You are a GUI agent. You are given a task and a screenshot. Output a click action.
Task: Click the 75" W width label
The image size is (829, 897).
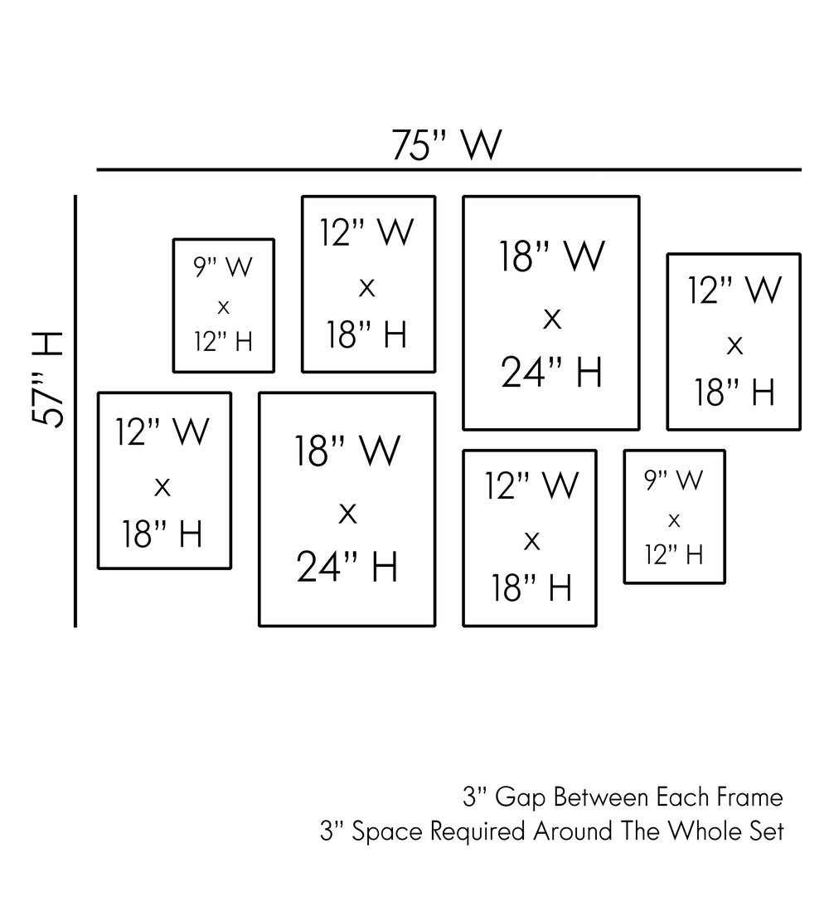(x=447, y=145)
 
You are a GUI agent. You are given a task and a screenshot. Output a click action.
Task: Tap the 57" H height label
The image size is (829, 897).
(x=47, y=379)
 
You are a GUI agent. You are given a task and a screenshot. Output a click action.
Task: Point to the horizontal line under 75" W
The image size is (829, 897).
(x=448, y=170)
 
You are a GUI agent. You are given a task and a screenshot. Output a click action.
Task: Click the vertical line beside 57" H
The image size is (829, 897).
(x=75, y=411)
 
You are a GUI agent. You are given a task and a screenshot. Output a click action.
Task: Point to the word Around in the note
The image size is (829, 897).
(x=574, y=831)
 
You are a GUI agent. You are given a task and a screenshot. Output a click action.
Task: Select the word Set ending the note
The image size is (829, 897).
(x=768, y=831)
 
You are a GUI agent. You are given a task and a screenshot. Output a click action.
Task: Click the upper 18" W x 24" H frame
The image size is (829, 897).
(x=551, y=313)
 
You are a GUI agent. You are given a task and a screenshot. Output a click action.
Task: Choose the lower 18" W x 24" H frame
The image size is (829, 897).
(x=347, y=509)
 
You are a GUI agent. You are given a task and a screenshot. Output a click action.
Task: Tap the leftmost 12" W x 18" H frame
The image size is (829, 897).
(x=164, y=480)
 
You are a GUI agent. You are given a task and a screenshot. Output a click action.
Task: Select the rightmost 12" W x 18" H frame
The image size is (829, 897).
(x=734, y=342)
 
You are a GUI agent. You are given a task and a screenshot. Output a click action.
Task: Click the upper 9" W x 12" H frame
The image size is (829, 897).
(x=224, y=305)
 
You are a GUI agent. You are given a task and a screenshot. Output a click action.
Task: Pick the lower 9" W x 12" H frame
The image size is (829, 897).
(x=674, y=517)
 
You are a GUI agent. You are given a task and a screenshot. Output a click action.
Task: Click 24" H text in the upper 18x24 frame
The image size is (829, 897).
(x=551, y=373)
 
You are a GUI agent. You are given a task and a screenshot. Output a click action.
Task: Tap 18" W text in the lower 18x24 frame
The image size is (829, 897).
(x=347, y=451)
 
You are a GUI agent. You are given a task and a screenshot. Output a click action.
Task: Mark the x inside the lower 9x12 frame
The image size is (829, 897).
(x=674, y=520)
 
